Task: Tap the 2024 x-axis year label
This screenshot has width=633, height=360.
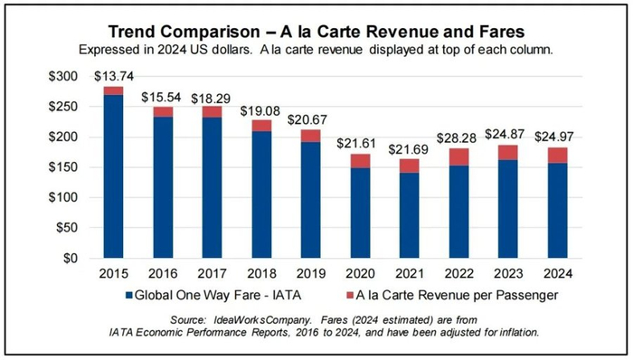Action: [557, 273]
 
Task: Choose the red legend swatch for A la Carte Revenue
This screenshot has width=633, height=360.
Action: [350, 295]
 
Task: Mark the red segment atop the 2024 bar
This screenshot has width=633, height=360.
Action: [557, 155]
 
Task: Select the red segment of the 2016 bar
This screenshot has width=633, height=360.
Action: [163, 111]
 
